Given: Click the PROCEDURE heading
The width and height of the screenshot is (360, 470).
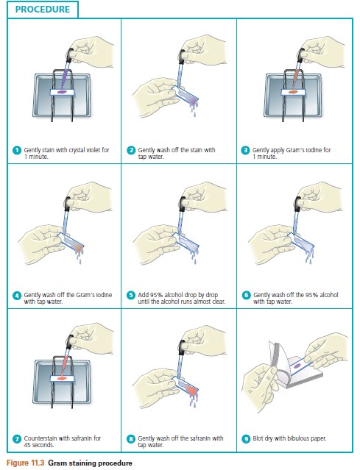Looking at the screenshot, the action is (42, 10).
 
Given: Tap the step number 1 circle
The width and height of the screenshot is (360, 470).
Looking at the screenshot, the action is (17, 150).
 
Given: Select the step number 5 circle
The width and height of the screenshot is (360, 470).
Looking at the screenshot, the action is (131, 295).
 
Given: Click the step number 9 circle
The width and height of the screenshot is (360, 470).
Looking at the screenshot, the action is (246, 439).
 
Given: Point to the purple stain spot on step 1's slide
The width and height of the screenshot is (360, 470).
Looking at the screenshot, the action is (62, 92).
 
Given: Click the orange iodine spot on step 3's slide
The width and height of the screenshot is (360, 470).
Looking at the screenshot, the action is (292, 92).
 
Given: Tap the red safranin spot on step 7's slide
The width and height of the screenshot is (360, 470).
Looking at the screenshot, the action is (62, 379).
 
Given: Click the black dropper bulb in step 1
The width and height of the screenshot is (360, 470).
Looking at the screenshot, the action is (70, 54).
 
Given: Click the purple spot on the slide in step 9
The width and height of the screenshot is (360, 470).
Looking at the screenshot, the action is (297, 366).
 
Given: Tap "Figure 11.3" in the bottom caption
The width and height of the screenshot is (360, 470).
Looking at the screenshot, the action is (25, 463).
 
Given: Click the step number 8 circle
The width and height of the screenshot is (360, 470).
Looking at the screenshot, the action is (131, 439).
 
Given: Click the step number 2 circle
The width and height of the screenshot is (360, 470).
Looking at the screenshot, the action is (131, 150).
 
